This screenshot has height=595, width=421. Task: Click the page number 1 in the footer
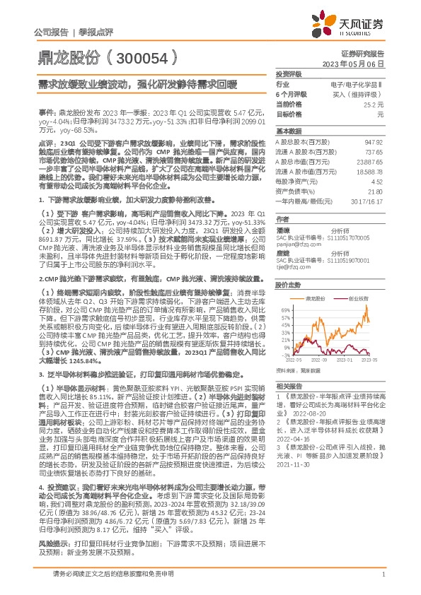(x=382, y=582)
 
